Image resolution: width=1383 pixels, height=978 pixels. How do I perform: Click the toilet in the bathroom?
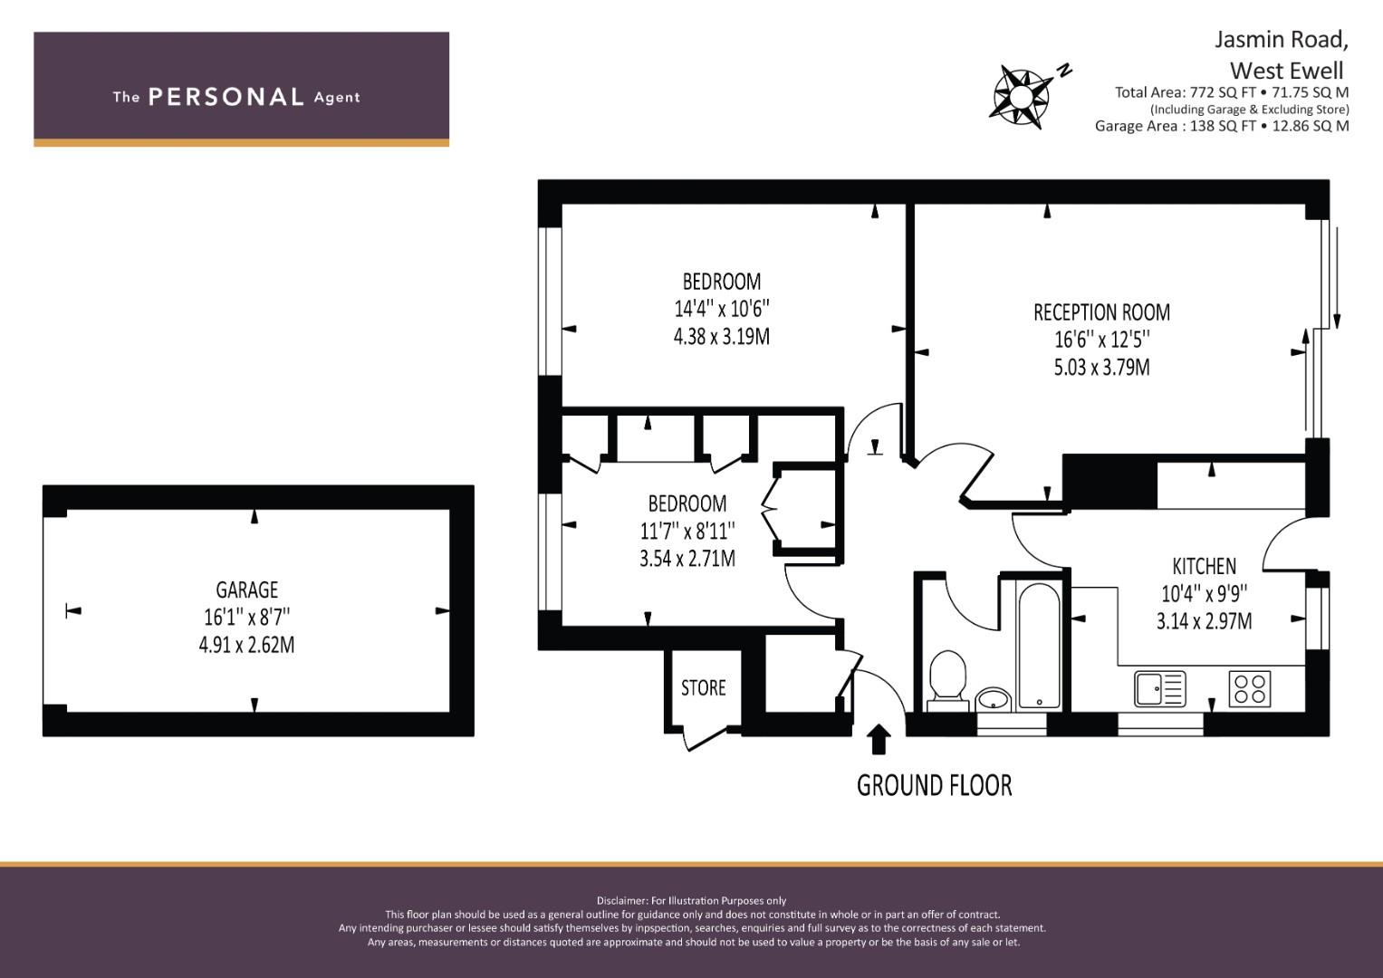coord(947,680)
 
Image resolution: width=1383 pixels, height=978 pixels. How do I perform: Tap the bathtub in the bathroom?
coord(1039,646)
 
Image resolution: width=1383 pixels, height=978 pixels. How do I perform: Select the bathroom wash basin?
coord(994,699)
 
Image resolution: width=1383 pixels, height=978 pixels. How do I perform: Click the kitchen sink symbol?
coord(1160,688)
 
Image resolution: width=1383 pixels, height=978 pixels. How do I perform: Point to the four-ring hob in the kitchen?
coord(1250,688)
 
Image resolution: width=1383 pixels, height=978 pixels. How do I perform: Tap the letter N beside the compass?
coord(1064,71)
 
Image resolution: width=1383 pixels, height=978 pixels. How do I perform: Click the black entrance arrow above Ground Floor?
coord(879,739)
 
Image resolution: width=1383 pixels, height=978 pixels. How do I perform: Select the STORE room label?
coord(703,688)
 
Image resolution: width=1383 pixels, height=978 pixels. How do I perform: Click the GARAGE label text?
coord(247,590)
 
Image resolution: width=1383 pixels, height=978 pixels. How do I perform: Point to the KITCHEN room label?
coord(1204,566)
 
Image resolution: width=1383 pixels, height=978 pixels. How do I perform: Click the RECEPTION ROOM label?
coord(1101,312)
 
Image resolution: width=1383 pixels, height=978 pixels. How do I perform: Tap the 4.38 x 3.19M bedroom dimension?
coord(722,337)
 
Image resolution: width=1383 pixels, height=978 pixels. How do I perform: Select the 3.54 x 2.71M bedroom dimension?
coord(687,558)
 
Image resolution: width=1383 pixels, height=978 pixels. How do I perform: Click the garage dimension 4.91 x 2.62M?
coord(247,645)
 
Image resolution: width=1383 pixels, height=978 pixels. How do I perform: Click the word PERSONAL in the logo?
coord(226,97)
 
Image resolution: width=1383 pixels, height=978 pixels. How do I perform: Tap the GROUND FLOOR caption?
coord(934,786)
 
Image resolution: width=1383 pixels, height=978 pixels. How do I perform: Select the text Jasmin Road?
coord(1282,40)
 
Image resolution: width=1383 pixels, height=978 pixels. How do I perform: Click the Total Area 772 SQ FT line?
coord(1232,92)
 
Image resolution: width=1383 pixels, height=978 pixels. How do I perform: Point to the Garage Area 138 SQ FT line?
coord(1222,126)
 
